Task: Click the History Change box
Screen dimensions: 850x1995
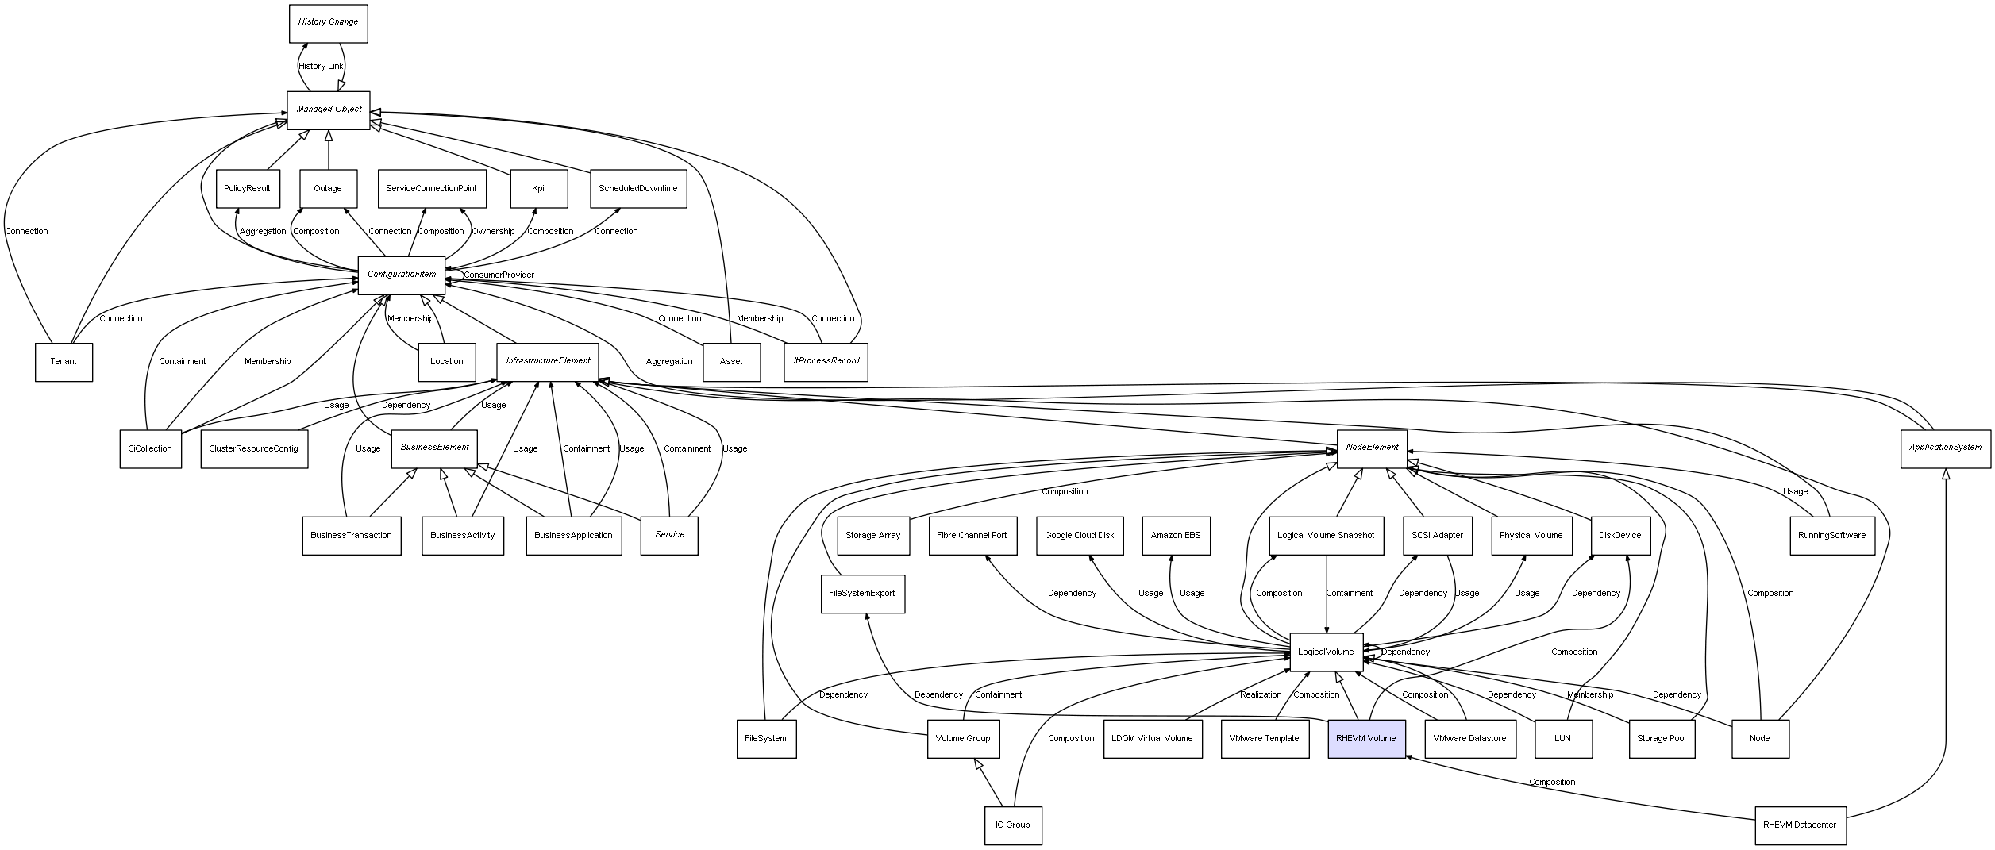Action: (x=328, y=23)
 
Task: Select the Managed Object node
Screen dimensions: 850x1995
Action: (x=328, y=110)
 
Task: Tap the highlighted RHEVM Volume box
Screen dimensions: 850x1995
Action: (x=1365, y=738)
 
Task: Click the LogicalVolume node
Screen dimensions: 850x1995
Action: (x=1326, y=652)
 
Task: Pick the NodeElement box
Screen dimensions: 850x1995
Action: (x=1371, y=448)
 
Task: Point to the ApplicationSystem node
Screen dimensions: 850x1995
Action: (x=1945, y=448)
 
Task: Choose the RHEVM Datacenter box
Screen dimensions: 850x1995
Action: (x=1800, y=825)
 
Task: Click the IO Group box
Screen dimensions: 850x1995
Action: (x=1012, y=825)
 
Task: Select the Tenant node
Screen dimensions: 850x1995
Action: (x=64, y=362)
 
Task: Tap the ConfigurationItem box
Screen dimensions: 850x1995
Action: (x=401, y=275)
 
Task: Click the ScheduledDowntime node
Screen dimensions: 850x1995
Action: (x=637, y=189)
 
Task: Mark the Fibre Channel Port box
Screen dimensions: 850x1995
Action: (x=971, y=536)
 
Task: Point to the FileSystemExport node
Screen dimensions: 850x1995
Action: (x=861, y=594)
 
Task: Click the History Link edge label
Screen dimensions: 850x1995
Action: (x=321, y=67)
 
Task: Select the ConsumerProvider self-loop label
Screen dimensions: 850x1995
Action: (x=499, y=275)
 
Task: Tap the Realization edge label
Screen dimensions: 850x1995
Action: (x=1260, y=695)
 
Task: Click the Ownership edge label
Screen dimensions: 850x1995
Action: (x=493, y=232)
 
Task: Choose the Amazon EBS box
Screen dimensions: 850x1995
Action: (x=1175, y=536)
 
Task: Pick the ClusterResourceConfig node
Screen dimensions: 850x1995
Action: (x=253, y=449)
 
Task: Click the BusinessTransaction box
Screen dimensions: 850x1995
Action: (x=351, y=536)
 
